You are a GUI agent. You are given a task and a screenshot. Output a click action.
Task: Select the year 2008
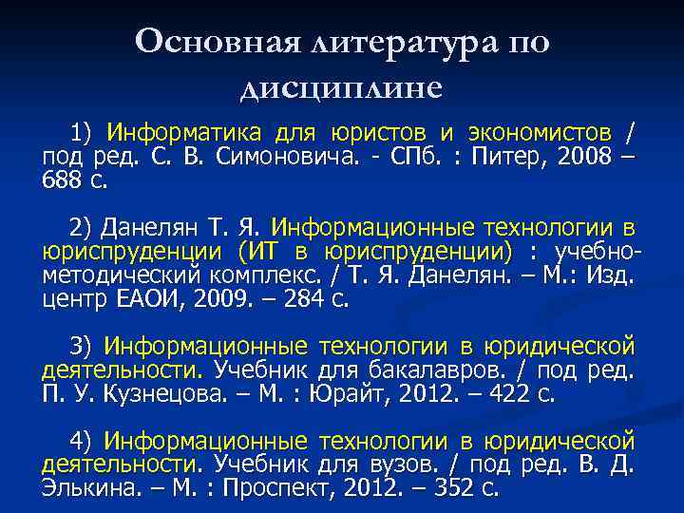(x=573, y=155)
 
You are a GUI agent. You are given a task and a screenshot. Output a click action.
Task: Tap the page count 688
(x=62, y=179)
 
